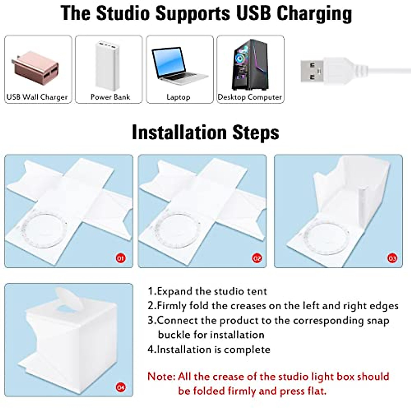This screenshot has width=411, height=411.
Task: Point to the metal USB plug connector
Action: tap(311, 71)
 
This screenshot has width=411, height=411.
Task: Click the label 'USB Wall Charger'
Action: tap(37, 97)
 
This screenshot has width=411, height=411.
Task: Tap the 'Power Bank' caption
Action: tap(110, 97)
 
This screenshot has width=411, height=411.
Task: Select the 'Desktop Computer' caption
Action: tap(250, 97)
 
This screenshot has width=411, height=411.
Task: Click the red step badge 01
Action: tap(120, 258)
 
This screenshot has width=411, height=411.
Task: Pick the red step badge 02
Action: tap(257, 258)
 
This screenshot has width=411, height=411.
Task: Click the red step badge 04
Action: tap(121, 387)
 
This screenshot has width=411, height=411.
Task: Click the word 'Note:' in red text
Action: tap(161, 376)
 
